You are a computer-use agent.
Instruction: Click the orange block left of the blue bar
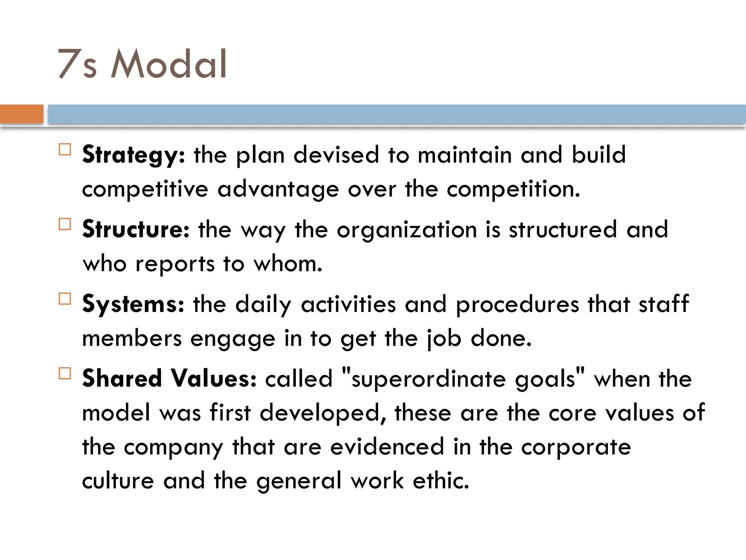click(x=21, y=114)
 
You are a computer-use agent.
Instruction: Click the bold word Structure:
click(x=136, y=230)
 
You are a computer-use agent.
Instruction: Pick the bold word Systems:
click(x=133, y=304)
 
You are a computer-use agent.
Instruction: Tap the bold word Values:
click(x=214, y=378)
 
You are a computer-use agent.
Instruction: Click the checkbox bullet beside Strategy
click(x=65, y=149)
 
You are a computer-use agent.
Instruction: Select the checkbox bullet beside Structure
click(x=65, y=224)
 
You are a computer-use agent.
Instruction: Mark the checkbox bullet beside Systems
click(x=65, y=299)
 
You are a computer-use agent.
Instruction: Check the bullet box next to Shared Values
click(x=65, y=373)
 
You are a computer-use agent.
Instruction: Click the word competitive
click(x=145, y=190)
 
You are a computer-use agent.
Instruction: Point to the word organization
click(x=407, y=230)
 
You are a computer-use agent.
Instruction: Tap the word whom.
click(x=288, y=264)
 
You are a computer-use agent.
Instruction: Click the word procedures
click(x=517, y=304)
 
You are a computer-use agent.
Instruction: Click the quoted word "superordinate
click(x=424, y=378)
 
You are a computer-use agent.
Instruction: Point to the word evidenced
click(x=387, y=447)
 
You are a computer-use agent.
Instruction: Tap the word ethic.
click(x=441, y=481)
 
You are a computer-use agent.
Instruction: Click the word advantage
click(x=278, y=190)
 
